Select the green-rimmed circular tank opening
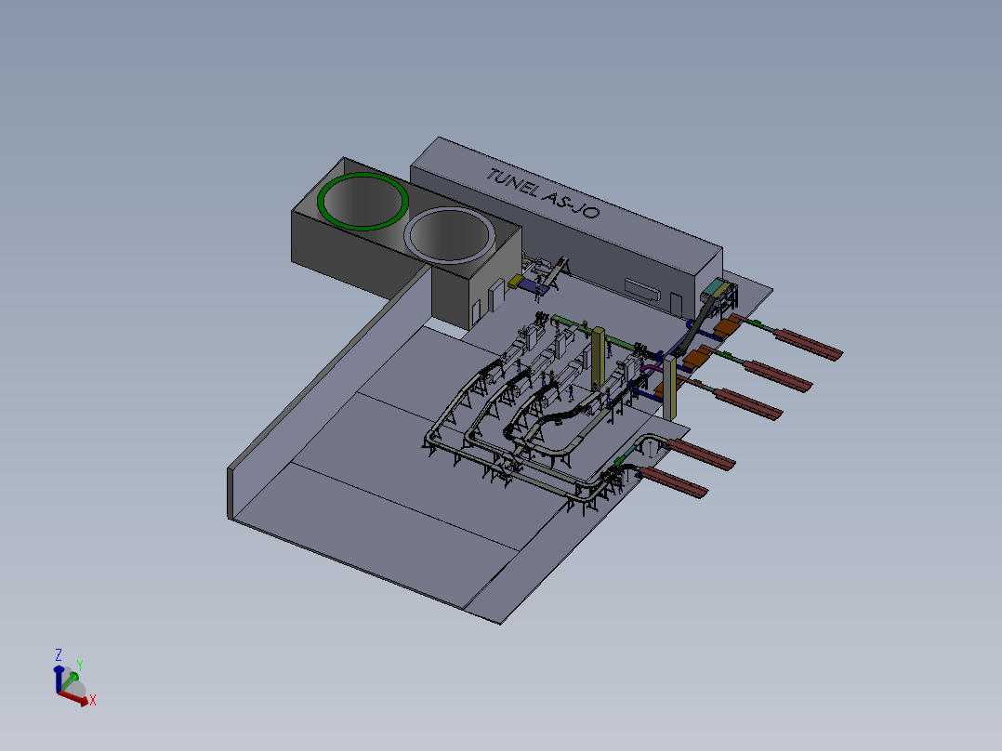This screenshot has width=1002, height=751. click(x=363, y=201)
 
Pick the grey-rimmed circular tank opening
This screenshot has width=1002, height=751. click(x=450, y=234)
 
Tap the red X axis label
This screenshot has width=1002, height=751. click(x=93, y=701)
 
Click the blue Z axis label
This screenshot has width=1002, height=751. click(x=59, y=655)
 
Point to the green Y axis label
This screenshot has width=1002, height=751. click(x=80, y=665)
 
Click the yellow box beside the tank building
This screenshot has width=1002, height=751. click(x=516, y=282)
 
